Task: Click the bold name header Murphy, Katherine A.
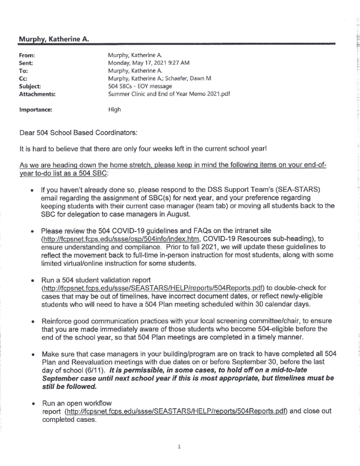(x=54, y=39)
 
